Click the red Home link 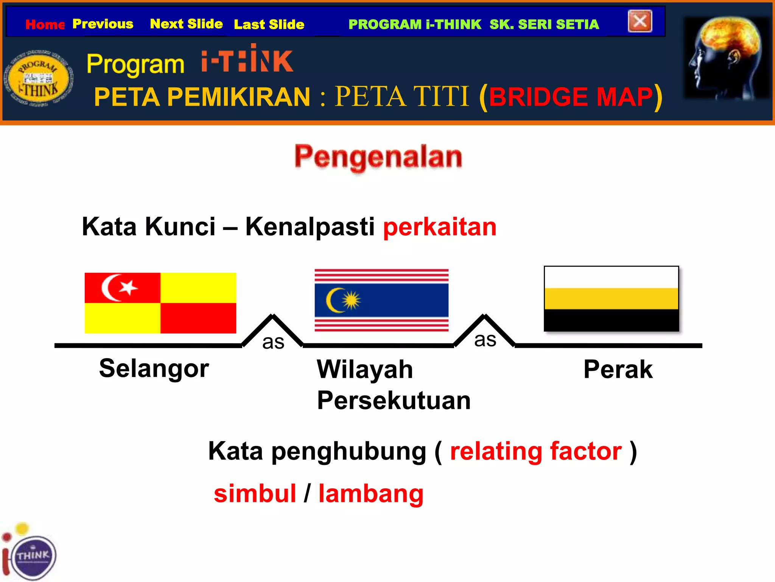point(45,25)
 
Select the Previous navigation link point(103,24)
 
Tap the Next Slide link point(186,24)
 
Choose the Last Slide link point(269,25)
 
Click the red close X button point(640,21)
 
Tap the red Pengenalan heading point(378,156)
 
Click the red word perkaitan point(439,227)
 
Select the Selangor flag point(160,303)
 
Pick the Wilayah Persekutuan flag point(381,300)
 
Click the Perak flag point(611,299)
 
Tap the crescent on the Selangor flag point(110,288)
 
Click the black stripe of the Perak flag point(611,320)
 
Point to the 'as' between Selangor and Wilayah point(273,342)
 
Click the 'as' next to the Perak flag point(485,340)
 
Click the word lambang point(371,494)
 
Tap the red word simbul point(255,494)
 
